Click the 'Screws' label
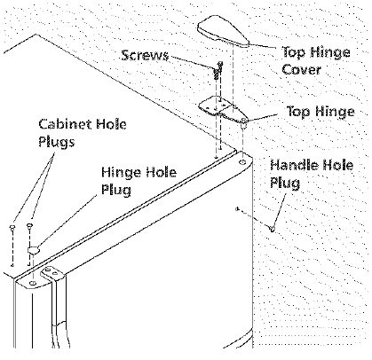pyautogui.click(x=145, y=55)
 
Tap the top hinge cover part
pyautogui.click(x=223, y=31)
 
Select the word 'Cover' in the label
pyautogui.click(x=301, y=69)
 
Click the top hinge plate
pyautogui.click(x=224, y=110)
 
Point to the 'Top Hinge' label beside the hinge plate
pyautogui.click(x=321, y=112)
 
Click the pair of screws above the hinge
pyautogui.click(x=218, y=70)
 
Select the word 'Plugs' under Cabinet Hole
pyautogui.click(x=56, y=142)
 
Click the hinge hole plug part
pyautogui.click(x=34, y=250)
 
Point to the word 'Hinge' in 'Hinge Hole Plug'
pyautogui.click(x=122, y=173)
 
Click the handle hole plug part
pyautogui.click(x=272, y=228)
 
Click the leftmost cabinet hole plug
pyautogui.click(x=12, y=227)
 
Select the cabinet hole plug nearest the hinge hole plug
pyautogui.click(x=29, y=226)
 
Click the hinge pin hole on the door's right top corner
pyautogui.click(x=242, y=161)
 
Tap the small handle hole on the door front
pyautogui.click(x=237, y=209)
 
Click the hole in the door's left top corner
pyautogui.click(x=34, y=283)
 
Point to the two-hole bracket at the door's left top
pyautogui.click(x=52, y=273)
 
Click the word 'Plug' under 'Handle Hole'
pyautogui.click(x=285, y=183)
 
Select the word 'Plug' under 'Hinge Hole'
pyautogui.click(x=116, y=190)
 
